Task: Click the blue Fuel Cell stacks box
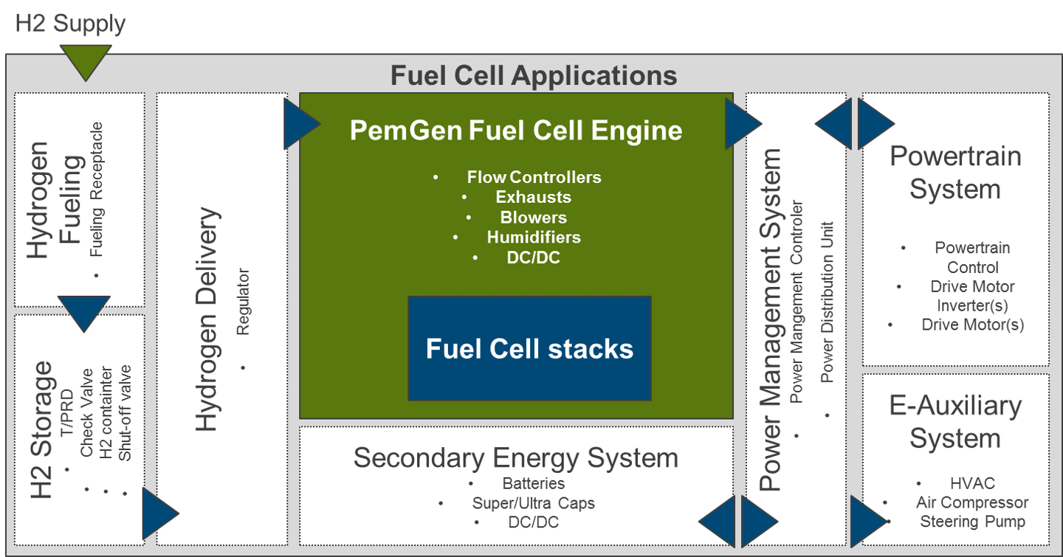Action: pyautogui.click(x=529, y=348)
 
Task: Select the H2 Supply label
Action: pyautogui.click(x=70, y=24)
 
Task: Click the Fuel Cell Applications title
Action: pyautogui.click(x=534, y=75)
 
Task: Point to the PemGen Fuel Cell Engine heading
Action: pyautogui.click(x=516, y=130)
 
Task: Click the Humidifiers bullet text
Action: pyautogui.click(x=534, y=238)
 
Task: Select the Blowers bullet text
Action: pyautogui.click(x=534, y=218)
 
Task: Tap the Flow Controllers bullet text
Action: pyautogui.click(x=534, y=177)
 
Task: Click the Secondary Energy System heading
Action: pyautogui.click(x=516, y=458)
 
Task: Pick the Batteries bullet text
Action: pyautogui.click(x=534, y=483)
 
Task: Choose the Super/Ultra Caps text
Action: pyautogui.click(x=534, y=503)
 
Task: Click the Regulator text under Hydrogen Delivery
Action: pyautogui.click(x=243, y=302)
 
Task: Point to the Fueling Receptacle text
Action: pyautogui.click(x=96, y=190)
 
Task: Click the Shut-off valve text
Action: pyautogui.click(x=125, y=412)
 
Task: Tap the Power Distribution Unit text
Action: pyautogui.click(x=827, y=302)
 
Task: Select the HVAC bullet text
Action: pyautogui.click(x=972, y=483)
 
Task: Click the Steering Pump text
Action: pyautogui.click(x=972, y=522)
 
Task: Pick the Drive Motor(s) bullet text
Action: pyautogui.click(x=972, y=325)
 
